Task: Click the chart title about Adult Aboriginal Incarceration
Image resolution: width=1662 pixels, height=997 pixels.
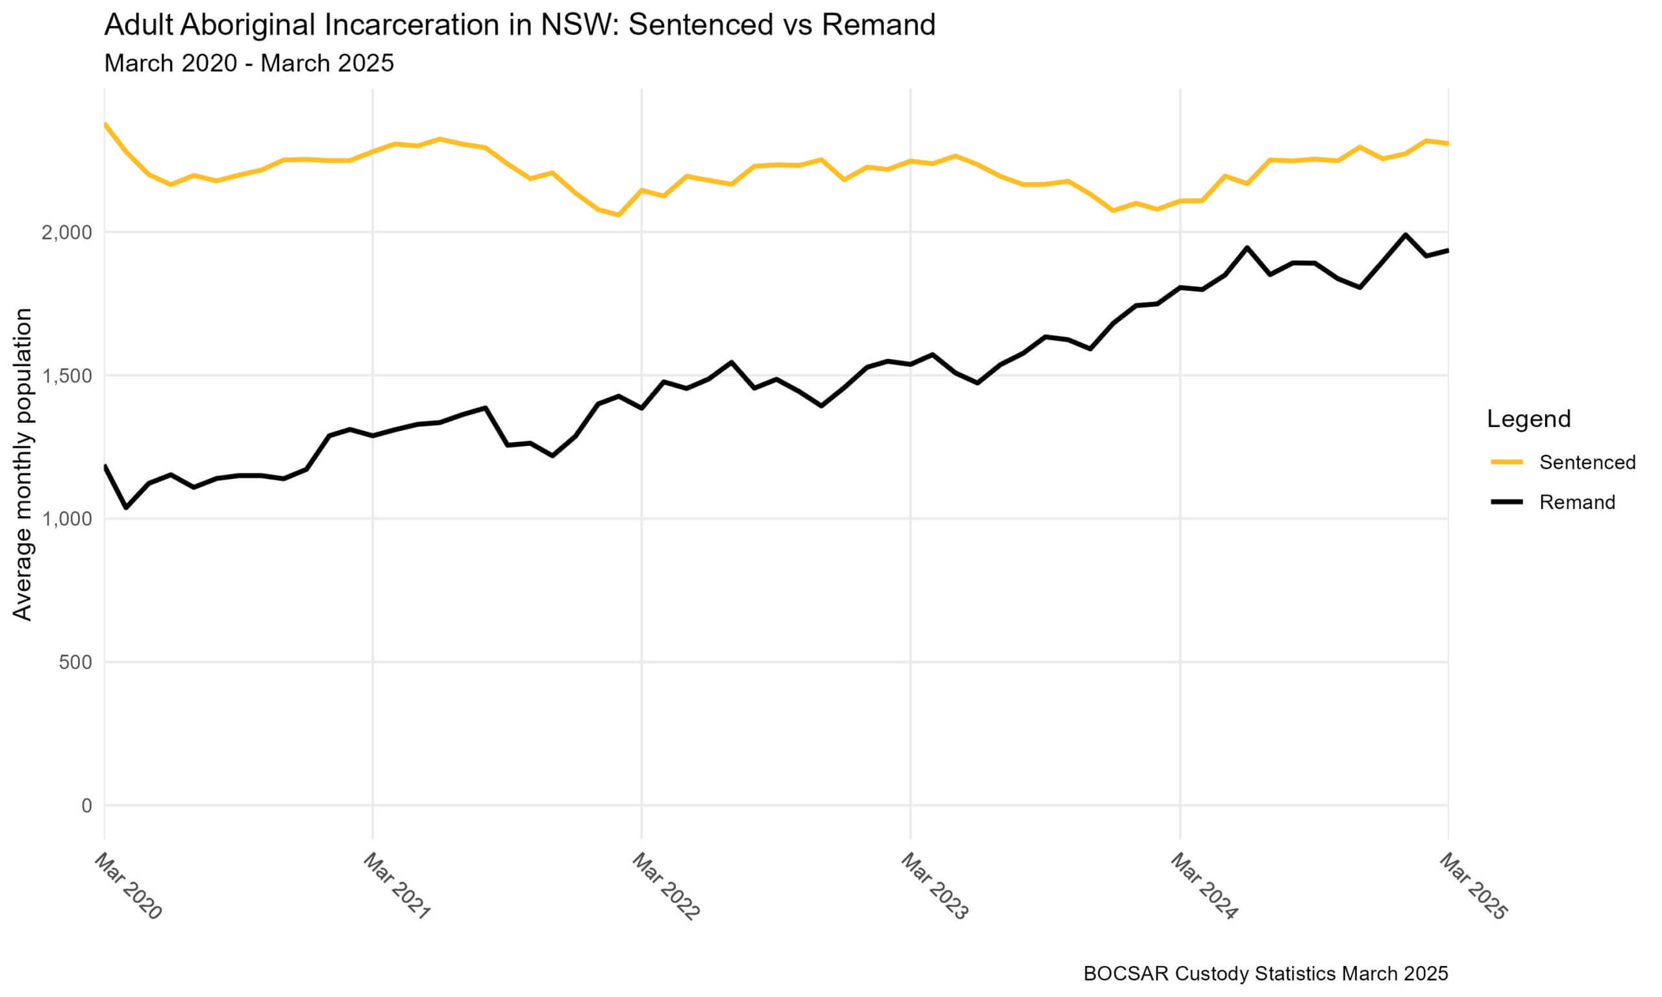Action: (519, 25)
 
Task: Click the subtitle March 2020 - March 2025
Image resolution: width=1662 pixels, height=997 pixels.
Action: (249, 63)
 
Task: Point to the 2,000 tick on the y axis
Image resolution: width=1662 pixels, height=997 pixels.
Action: (66, 232)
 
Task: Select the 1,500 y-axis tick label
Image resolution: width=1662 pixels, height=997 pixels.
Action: (66, 376)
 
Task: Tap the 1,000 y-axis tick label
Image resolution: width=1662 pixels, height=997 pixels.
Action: (66, 519)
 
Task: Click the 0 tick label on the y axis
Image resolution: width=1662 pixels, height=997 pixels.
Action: (86, 805)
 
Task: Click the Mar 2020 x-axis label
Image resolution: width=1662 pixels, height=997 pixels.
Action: (129, 886)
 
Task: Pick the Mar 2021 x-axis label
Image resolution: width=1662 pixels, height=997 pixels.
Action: (397, 886)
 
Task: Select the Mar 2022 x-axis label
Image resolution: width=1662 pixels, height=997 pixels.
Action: (665, 886)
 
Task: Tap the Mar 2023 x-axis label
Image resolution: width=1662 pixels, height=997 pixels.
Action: (934, 886)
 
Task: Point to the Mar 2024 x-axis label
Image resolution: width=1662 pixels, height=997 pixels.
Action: (1203, 886)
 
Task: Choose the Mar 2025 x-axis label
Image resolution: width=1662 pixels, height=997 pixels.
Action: (1472, 886)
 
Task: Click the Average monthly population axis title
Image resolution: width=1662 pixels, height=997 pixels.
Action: (22, 463)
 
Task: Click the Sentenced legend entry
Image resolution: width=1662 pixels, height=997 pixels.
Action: (1587, 462)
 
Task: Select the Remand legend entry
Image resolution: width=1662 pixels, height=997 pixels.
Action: (1577, 502)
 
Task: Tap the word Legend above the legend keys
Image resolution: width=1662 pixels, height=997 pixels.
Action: (1528, 419)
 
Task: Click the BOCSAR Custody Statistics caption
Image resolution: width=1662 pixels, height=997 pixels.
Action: (1265, 973)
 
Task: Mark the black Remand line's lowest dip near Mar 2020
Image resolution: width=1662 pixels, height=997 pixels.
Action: (127, 507)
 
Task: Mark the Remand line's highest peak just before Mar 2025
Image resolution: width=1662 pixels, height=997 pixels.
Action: (1405, 234)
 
